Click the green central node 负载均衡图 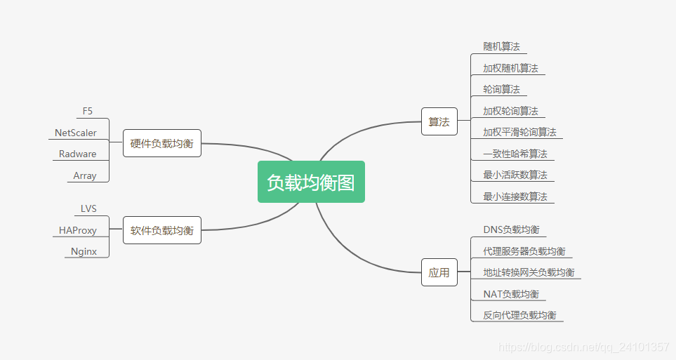point(311,182)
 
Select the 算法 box point(439,121)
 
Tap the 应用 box point(439,272)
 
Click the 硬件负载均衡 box point(161,144)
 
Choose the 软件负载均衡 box point(161,230)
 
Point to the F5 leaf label point(88,111)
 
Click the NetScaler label point(76,133)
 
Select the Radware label point(78,154)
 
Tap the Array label point(85,176)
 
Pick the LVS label point(88,208)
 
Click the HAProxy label point(78,230)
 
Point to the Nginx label point(84,251)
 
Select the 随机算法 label point(501,46)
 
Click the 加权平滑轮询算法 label point(519,132)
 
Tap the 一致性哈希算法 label point(515,154)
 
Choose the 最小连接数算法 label point(515,196)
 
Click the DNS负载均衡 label point(511,229)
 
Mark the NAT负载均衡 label point(511,294)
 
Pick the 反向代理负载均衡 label point(519,315)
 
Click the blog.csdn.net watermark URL point(583,347)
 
